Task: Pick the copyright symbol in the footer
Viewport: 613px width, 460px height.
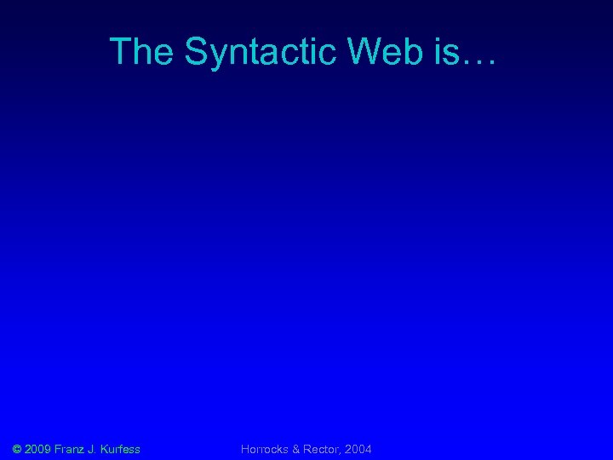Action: [18, 448]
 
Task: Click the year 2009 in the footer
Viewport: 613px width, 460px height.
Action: [39, 448]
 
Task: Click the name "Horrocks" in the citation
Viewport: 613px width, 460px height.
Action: [266, 448]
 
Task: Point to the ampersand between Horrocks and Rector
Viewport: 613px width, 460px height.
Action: [297, 448]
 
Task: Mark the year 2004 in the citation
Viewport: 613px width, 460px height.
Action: [358, 448]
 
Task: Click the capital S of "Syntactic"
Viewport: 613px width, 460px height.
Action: [195, 52]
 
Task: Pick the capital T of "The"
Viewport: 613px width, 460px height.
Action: [120, 52]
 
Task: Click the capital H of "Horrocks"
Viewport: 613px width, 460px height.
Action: [245, 448]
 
